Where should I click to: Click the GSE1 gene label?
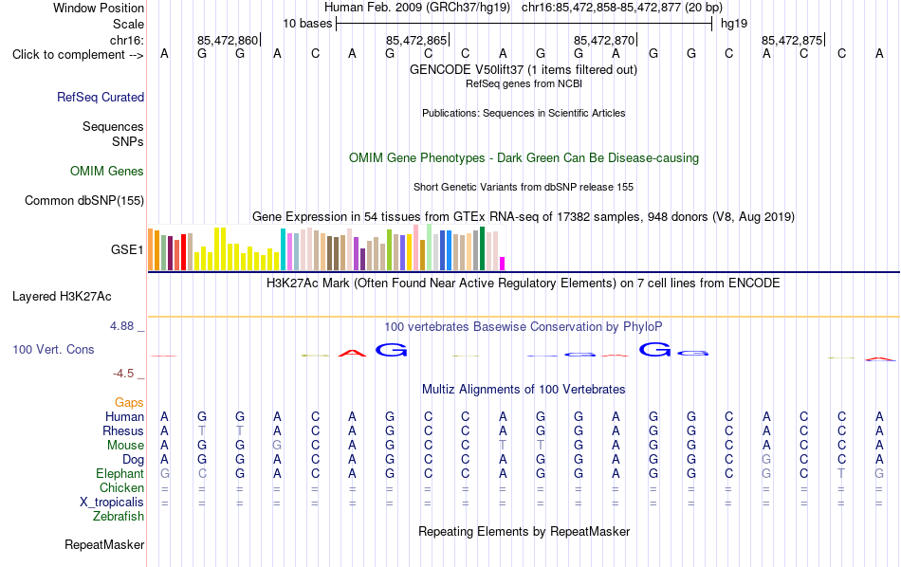[127, 249]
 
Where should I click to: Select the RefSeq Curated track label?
[101, 97]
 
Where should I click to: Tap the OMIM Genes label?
[107, 172]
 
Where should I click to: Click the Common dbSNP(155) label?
[84, 200]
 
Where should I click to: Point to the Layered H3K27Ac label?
[62, 297]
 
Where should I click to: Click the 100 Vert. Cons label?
[53, 349]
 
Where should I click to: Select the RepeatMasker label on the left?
[104, 544]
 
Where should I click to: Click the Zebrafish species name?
[119, 517]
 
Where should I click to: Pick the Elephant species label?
[120, 474]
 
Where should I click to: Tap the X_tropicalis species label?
[112, 503]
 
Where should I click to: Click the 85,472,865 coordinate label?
[416, 40]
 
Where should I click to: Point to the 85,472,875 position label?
[792, 40]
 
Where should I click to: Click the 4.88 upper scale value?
[121, 326]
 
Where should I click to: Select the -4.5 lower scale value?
[123, 374]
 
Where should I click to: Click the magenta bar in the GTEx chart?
[503, 264]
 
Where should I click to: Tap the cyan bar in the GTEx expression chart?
[284, 249]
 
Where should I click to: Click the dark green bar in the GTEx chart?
[482, 248]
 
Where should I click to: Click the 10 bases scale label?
[307, 24]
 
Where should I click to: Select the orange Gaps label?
[129, 403]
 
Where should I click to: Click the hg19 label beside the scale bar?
[734, 24]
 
